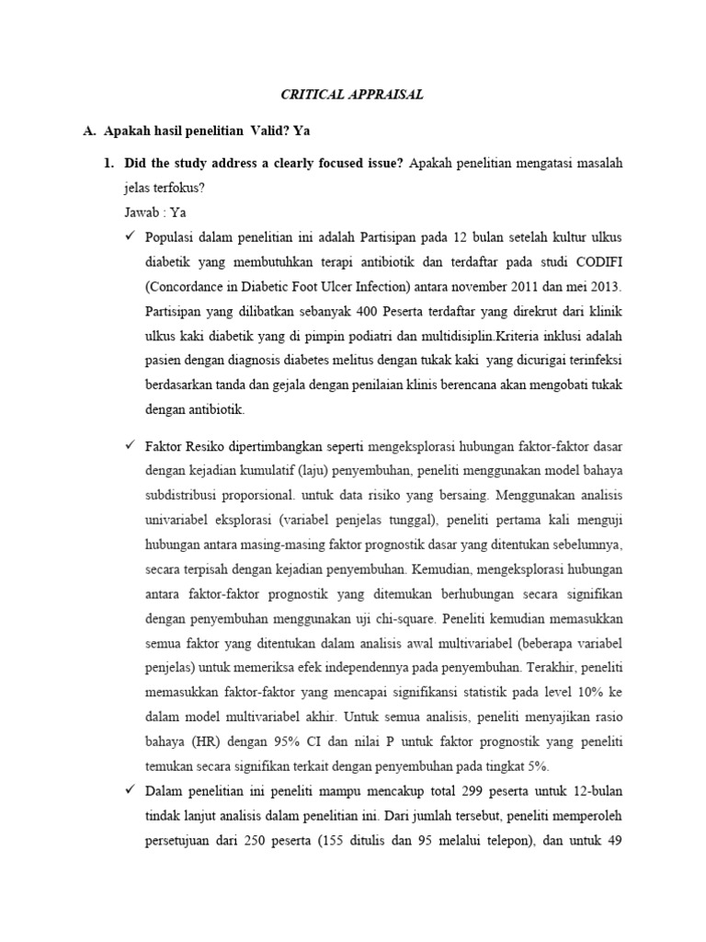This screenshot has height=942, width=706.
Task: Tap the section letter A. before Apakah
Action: click(x=89, y=132)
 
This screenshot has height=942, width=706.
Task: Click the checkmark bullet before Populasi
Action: click(x=131, y=235)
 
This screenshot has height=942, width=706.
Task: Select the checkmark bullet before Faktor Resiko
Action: click(x=131, y=445)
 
